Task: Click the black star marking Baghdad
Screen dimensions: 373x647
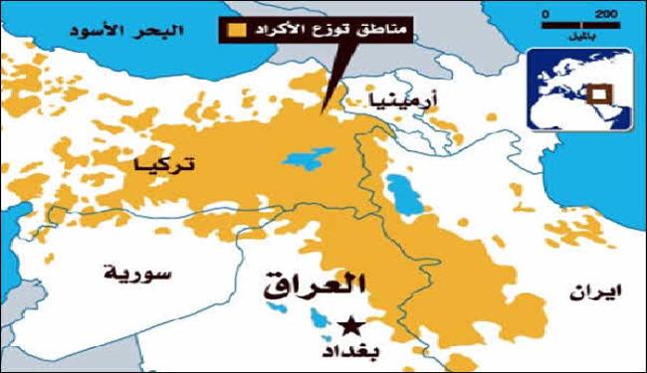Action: (348, 325)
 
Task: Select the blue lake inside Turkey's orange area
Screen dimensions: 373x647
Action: (300, 159)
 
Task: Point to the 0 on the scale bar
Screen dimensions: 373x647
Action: (545, 14)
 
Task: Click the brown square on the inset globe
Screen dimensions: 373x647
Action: (596, 95)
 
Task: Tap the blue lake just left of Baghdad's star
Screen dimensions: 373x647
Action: (318, 317)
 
